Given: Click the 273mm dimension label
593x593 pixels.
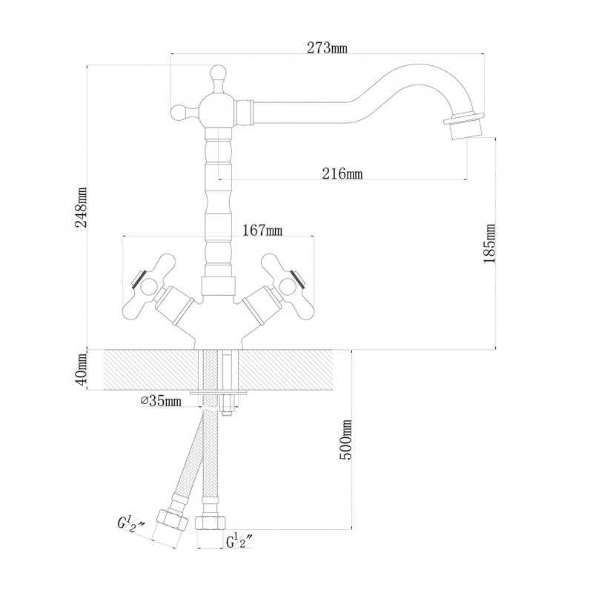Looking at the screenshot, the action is tap(327, 48).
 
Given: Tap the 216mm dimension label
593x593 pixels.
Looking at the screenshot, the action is tap(342, 173).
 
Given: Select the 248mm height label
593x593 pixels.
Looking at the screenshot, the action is tap(81, 207).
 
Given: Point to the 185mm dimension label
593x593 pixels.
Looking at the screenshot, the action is tap(489, 244).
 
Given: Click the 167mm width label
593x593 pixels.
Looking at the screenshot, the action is tap(262, 230).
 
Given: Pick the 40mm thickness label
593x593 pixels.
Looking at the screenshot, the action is tap(81, 368).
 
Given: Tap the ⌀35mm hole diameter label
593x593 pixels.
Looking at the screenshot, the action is tap(161, 401).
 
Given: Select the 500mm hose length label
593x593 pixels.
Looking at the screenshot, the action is tap(345, 439).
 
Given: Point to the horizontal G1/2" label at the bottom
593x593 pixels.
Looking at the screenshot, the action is tap(239, 541).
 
